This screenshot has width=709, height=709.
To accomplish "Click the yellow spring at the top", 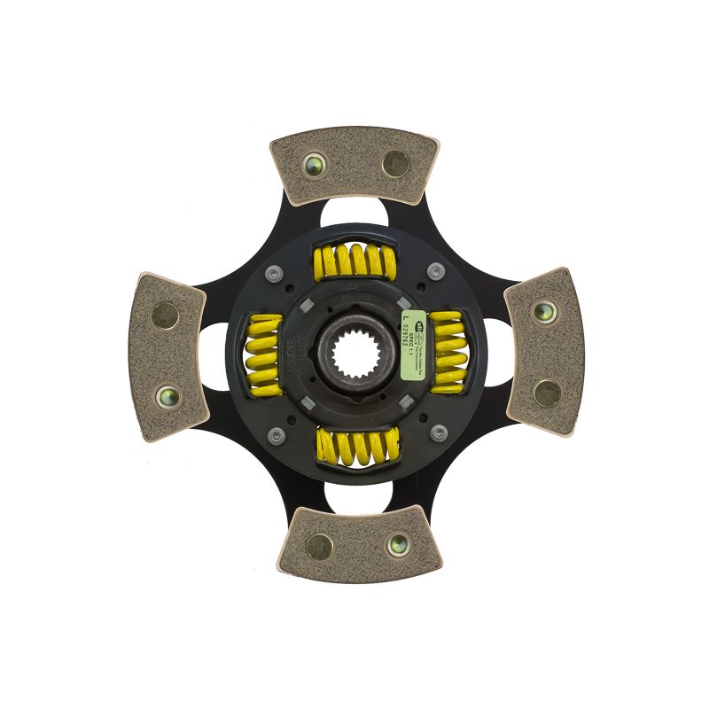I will click(354, 261).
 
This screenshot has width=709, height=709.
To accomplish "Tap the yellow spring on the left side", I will click(262, 353).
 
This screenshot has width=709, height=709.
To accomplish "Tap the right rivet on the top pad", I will click(395, 163).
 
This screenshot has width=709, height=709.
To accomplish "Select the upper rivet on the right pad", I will click(544, 311).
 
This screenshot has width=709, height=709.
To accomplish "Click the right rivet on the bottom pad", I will click(396, 544).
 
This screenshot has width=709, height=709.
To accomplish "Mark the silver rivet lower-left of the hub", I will click(276, 434).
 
